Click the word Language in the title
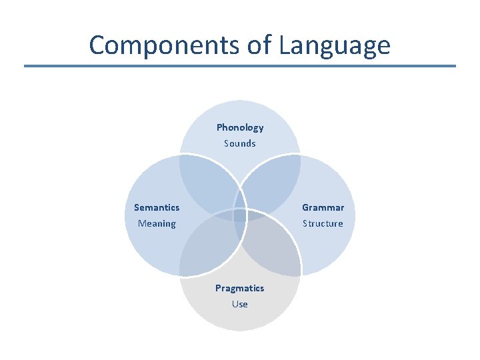[x=335, y=45]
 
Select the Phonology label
[x=240, y=127]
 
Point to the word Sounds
[x=240, y=143]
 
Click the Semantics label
[x=157, y=207]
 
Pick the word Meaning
[x=157, y=223]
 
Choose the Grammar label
[x=323, y=207]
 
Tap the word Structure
[x=323, y=223]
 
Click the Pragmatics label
[x=239, y=288]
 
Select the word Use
[x=240, y=304]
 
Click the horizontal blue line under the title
[x=240, y=66]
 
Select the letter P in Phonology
[x=219, y=127]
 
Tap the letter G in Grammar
[x=305, y=207]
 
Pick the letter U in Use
[x=235, y=304]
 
